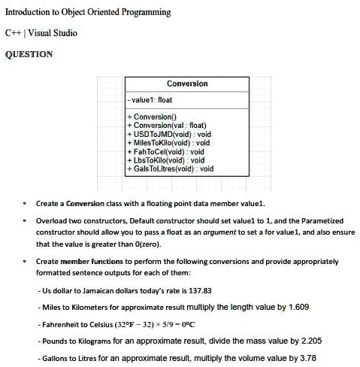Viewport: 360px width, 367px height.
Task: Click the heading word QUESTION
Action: point(29,54)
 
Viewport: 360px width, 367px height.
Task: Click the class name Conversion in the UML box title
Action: point(187,83)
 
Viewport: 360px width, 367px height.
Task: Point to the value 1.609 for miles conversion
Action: point(298,307)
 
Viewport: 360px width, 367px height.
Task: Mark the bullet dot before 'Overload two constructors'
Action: point(24,221)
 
